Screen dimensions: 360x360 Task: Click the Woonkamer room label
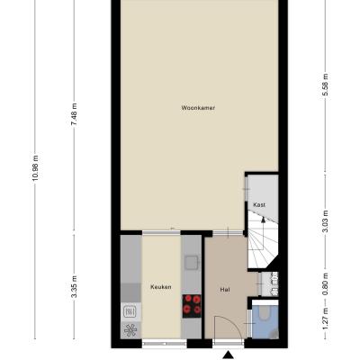[198, 108]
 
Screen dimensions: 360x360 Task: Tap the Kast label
[259, 205]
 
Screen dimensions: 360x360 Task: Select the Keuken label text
[161, 287]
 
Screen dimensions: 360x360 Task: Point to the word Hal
[225, 290]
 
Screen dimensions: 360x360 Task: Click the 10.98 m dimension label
[35, 167]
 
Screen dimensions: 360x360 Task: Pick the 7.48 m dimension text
[75, 114]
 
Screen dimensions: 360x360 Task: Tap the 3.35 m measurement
[75, 286]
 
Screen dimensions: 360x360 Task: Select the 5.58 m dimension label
[326, 85]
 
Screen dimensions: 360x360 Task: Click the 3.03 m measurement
[326, 221]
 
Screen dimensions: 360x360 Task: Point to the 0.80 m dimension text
[326, 283]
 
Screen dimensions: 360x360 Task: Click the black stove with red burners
[192, 306]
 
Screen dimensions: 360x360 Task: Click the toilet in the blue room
[265, 312]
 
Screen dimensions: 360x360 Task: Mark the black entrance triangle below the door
[229, 355]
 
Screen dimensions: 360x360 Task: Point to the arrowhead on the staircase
[263, 220]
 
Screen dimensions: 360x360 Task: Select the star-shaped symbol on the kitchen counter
[130, 330]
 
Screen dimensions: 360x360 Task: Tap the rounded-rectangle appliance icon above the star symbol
[130, 312]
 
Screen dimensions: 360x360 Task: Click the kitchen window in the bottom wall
[165, 344]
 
